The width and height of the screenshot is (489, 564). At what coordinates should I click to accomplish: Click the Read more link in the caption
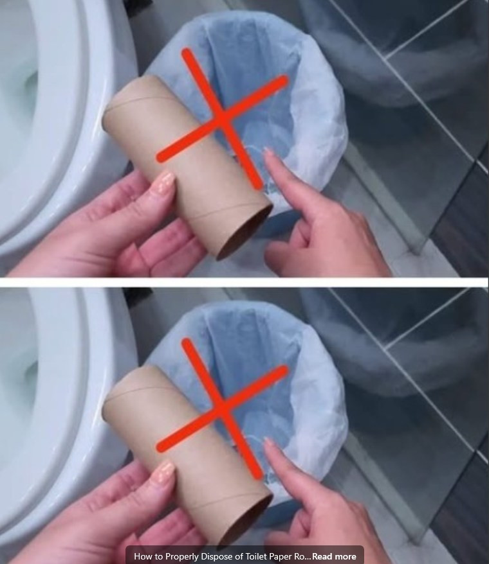(x=334, y=556)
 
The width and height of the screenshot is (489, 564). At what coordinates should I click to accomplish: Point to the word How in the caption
(x=143, y=556)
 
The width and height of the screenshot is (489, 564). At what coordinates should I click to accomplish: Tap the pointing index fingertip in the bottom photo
(x=268, y=444)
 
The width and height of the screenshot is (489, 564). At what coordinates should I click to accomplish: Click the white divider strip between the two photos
(x=244, y=282)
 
